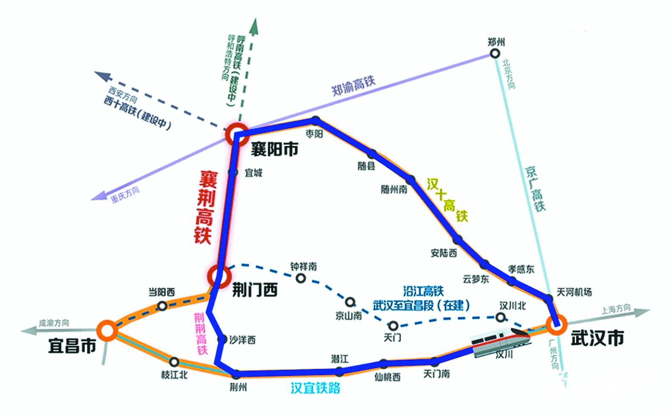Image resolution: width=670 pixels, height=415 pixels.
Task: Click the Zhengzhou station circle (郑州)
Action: (x=495, y=54)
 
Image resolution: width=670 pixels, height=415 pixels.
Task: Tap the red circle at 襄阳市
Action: (x=236, y=134)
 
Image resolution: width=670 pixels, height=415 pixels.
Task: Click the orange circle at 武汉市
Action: (x=557, y=325)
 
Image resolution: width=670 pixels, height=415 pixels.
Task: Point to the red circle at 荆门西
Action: (x=220, y=276)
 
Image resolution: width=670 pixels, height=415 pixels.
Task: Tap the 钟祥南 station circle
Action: (x=301, y=279)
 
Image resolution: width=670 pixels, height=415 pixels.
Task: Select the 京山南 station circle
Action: (x=350, y=302)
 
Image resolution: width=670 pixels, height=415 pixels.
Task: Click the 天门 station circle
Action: (x=393, y=326)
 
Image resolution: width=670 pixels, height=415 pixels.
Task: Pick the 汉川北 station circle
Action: (x=501, y=317)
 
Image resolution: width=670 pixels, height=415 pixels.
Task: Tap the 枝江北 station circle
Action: (x=174, y=362)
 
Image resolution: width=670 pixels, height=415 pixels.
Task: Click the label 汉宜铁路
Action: (x=315, y=388)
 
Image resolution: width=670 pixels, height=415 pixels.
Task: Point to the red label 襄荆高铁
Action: (x=206, y=207)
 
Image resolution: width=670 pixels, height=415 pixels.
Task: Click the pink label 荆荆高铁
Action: (x=200, y=334)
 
